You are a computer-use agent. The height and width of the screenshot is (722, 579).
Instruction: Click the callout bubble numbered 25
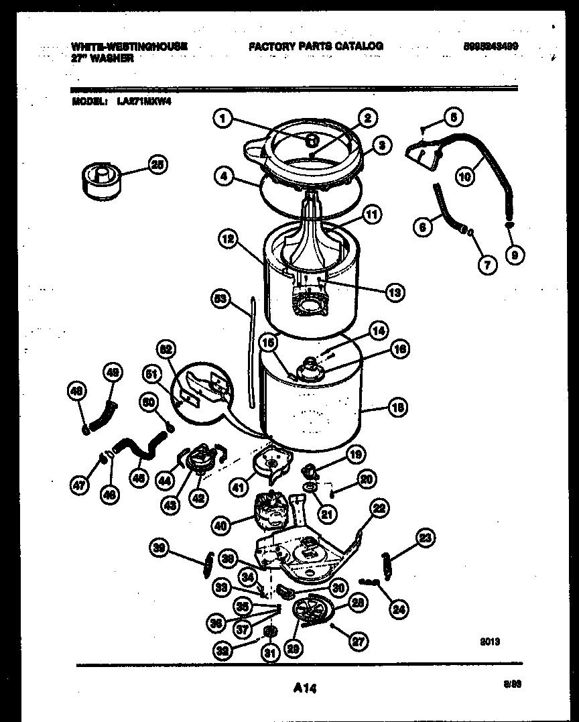(x=158, y=166)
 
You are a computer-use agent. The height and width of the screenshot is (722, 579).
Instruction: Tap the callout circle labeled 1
(x=223, y=119)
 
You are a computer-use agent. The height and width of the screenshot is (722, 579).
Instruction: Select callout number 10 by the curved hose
(x=465, y=176)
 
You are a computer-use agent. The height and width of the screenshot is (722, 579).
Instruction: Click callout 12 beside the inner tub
(x=229, y=238)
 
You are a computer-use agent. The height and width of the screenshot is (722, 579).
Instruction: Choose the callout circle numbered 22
(x=379, y=509)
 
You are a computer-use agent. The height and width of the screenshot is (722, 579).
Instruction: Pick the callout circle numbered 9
(x=515, y=254)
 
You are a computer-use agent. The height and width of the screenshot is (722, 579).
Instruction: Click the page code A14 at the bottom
(x=304, y=687)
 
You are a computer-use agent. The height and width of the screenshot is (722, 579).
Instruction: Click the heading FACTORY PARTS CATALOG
(x=316, y=46)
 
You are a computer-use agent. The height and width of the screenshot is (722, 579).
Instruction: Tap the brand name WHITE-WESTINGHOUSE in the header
(x=129, y=46)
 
